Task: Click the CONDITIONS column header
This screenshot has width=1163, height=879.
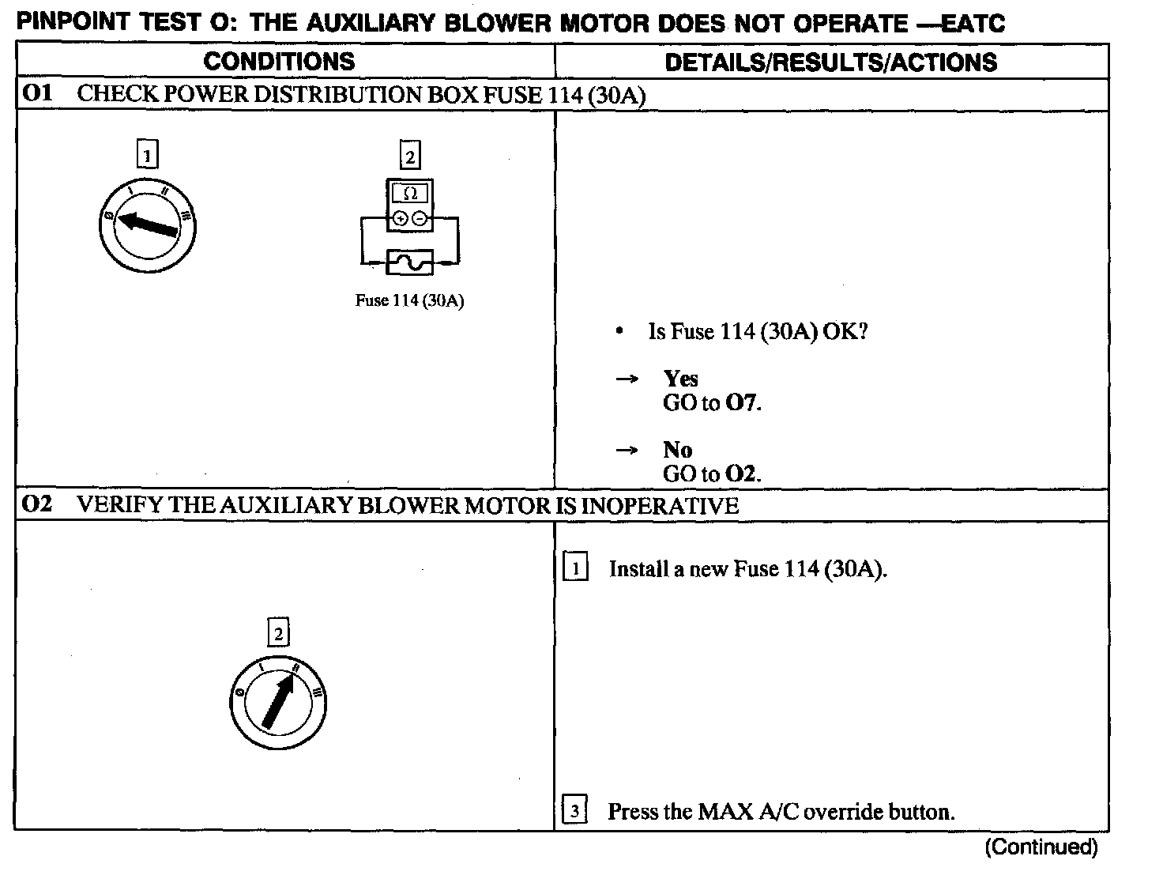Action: pyautogui.click(x=279, y=62)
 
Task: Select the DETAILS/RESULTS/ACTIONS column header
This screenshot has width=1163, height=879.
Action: pyautogui.click(x=830, y=62)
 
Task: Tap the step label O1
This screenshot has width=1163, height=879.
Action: pyautogui.click(x=37, y=94)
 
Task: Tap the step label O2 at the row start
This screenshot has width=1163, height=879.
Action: pyautogui.click(x=37, y=504)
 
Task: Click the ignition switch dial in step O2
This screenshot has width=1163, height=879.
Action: pyautogui.click(x=278, y=703)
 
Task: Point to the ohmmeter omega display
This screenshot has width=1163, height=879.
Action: pyautogui.click(x=410, y=193)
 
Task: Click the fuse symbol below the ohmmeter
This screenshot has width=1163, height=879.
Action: pyautogui.click(x=409, y=262)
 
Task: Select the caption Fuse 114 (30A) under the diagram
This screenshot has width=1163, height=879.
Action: pyautogui.click(x=409, y=301)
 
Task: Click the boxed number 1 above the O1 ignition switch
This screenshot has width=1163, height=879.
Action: pyautogui.click(x=148, y=154)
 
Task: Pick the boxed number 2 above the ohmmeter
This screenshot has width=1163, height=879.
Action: pyautogui.click(x=410, y=156)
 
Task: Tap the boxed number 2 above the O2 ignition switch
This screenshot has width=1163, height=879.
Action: pyautogui.click(x=278, y=633)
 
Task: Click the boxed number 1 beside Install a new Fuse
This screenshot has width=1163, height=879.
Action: pyautogui.click(x=575, y=568)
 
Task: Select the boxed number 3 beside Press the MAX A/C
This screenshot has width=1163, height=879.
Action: pyautogui.click(x=574, y=811)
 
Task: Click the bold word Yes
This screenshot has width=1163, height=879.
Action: pyautogui.click(x=681, y=379)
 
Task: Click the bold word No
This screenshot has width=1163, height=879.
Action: pyautogui.click(x=677, y=450)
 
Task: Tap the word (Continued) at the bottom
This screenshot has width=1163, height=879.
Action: pyautogui.click(x=1041, y=847)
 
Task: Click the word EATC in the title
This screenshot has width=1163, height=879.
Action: pyautogui.click(x=974, y=24)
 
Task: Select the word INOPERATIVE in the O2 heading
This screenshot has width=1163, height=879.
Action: pyautogui.click(x=660, y=505)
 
